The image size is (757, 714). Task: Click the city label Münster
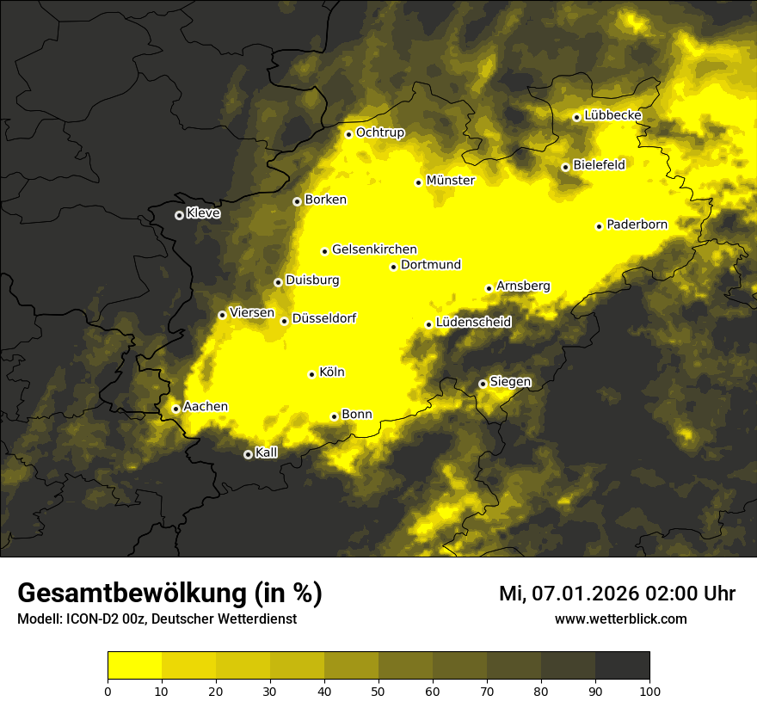point(451,181)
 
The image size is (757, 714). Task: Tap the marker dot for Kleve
point(179,215)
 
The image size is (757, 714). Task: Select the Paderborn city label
point(637,225)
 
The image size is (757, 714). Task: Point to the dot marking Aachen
point(175,409)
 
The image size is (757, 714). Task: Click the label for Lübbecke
point(612,115)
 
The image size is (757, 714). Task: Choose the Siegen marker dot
point(483,384)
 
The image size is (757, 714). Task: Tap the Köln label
point(332,372)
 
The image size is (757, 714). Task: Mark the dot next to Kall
point(248,454)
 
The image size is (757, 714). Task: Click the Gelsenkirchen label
point(374,249)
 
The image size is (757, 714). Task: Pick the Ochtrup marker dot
point(348,134)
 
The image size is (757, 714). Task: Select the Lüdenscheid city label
point(474,323)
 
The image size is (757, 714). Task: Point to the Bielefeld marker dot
point(565,167)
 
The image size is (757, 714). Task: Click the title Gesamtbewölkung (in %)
point(169,594)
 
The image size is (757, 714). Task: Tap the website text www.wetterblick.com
point(621,619)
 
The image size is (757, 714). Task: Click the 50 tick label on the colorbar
point(378,690)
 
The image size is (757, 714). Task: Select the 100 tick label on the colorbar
point(649,690)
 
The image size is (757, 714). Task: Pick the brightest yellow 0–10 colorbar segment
point(134,666)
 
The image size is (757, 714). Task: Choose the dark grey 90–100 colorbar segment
point(622,666)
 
